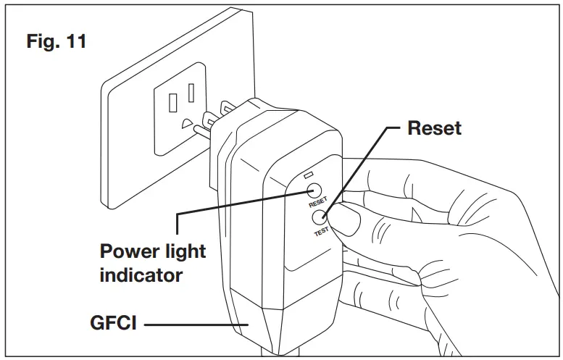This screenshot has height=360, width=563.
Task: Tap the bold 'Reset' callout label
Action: (x=434, y=128)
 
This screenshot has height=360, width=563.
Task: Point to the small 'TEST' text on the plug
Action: (x=320, y=231)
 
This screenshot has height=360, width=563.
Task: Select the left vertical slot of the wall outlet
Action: (x=172, y=102)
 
